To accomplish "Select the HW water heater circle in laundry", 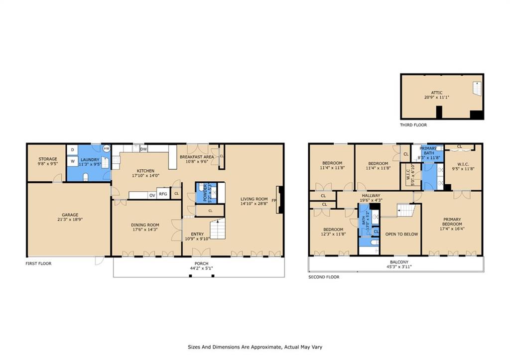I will coord(106,148).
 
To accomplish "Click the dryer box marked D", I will coord(72,149).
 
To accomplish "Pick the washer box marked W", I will coord(72,161).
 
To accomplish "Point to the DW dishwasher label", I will coord(143,149).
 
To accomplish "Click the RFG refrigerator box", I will coord(163,194).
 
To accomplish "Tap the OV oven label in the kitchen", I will coord(152,195).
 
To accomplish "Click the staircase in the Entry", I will coord(217,230).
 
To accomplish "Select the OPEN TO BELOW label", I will coord(401,234).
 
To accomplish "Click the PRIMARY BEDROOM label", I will coord(452,222).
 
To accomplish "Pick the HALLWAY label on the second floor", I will coord(371,196).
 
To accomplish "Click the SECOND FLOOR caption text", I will coord(324,277).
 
